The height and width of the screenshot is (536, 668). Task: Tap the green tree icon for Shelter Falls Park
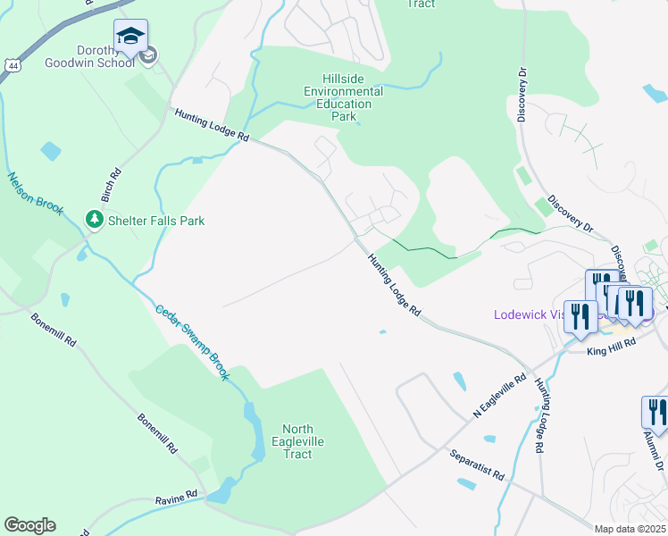93,219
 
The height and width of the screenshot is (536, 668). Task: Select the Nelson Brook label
37,193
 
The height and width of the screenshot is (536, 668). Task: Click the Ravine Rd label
179,494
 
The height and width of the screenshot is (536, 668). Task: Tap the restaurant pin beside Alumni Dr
655,413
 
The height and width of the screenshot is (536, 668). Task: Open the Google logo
29,525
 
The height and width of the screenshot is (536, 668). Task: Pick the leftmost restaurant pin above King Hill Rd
580,318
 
